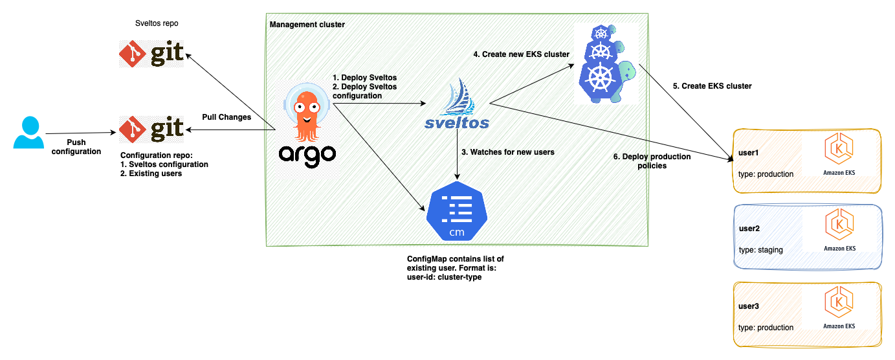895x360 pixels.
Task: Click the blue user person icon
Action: click(x=28, y=133)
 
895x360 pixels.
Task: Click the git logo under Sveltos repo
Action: click(x=151, y=52)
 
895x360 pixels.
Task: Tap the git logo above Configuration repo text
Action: click(x=151, y=129)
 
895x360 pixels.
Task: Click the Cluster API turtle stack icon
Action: click(x=604, y=64)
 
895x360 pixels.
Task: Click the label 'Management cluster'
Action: click(x=307, y=25)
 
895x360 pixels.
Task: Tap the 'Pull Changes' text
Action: click(x=227, y=117)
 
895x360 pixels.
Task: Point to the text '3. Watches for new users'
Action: click(x=507, y=153)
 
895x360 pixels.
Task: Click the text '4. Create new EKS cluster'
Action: click(x=521, y=54)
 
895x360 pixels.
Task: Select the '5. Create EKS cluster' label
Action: click(x=716, y=85)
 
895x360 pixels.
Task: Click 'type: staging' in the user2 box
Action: click(x=760, y=250)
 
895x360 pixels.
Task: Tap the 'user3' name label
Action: click(x=749, y=306)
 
